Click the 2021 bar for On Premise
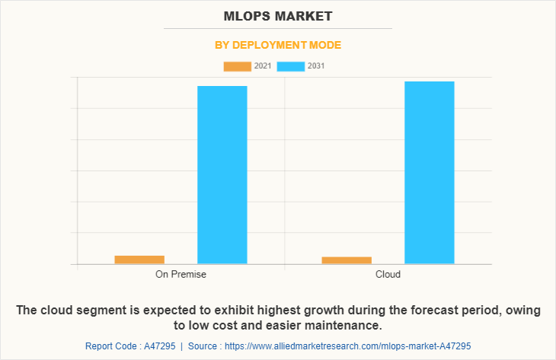pyautogui.click(x=139, y=260)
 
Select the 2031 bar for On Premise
pyautogui.click(x=222, y=175)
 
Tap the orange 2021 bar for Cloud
pyautogui.click(x=347, y=260)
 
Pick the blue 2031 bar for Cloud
pyautogui.click(x=430, y=173)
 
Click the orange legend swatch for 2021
pyautogui.click(x=237, y=66)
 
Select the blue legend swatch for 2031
pyautogui.click(x=291, y=66)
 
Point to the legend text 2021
pyautogui.click(x=263, y=66)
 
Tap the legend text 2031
pyautogui.click(x=316, y=66)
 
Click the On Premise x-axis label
pyautogui.click(x=181, y=274)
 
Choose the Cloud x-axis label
pyautogui.click(x=388, y=274)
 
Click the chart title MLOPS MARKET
pyautogui.click(x=278, y=16)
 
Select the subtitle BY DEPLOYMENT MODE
pyautogui.click(x=278, y=45)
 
